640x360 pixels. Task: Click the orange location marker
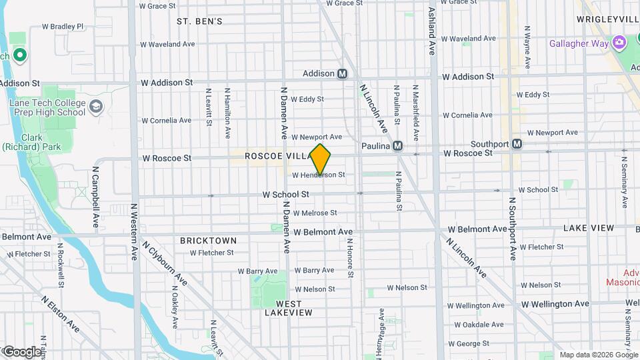coord(321,159)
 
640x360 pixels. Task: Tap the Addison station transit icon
coord(343,73)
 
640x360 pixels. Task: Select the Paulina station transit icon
coord(397,145)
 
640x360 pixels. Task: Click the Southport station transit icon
coord(517,144)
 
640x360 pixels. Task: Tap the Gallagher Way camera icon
coord(620,43)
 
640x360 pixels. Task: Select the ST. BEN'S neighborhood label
coord(199,21)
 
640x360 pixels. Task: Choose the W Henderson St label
coord(318,175)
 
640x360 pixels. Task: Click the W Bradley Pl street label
coord(63,27)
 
